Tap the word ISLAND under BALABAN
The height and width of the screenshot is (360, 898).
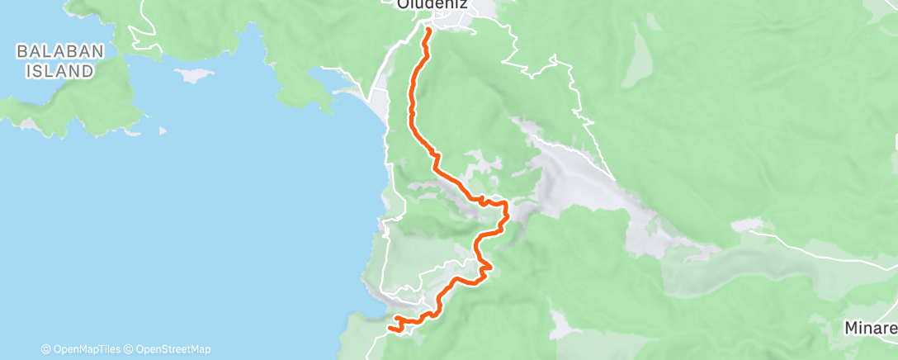point(59,71)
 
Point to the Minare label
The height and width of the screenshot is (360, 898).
point(871,328)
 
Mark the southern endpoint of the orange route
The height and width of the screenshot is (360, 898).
point(389,329)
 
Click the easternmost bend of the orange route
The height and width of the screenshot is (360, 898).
point(505,216)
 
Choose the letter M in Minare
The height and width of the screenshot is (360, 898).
point(851,328)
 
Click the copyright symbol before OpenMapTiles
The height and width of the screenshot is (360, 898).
point(46,348)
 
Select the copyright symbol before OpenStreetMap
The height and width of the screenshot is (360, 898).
point(130,348)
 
